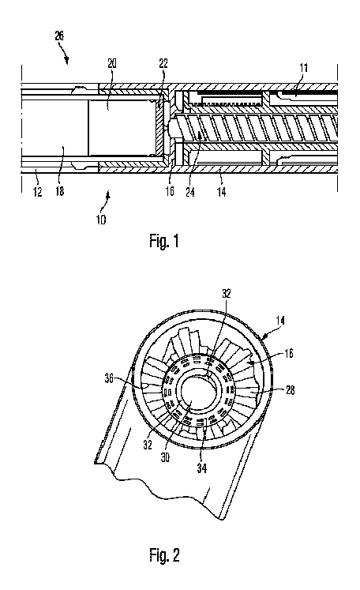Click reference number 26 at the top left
pyautogui.click(x=59, y=36)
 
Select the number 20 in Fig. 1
pyautogui.click(x=112, y=63)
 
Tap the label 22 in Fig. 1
pyautogui.click(x=163, y=63)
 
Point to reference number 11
pyautogui.click(x=304, y=68)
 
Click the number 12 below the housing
pyautogui.click(x=38, y=192)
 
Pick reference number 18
pyautogui.click(x=60, y=191)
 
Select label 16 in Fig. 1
pyautogui.click(x=170, y=191)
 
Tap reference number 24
pyautogui.click(x=190, y=192)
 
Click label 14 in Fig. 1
pyautogui.click(x=222, y=192)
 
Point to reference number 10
pyautogui.click(x=101, y=220)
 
